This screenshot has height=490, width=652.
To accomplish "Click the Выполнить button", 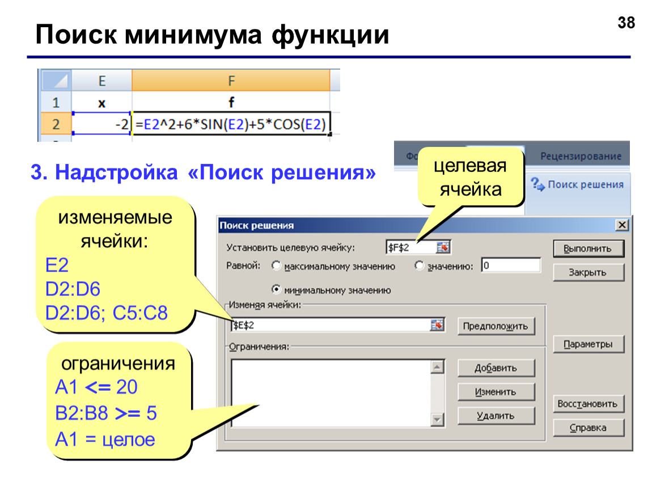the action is click(x=589, y=248).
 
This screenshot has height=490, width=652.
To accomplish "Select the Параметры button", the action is click(x=589, y=344).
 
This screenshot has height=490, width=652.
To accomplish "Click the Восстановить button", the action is click(x=589, y=403).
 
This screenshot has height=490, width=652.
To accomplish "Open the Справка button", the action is click(x=589, y=428).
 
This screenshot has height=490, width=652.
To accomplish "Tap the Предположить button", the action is click(x=496, y=326).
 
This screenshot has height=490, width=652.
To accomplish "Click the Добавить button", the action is click(x=496, y=367).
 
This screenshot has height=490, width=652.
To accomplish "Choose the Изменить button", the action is click(x=496, y=392).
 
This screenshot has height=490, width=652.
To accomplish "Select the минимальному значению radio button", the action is click(x=276, y=289).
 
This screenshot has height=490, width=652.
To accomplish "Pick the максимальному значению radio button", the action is click(x=276, y=265).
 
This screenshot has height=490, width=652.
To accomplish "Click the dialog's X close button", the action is click(x=622, y=225).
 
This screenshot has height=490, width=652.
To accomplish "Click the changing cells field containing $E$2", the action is click(x=337, y=325).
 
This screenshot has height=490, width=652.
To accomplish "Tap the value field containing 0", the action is click(x=511, y=265).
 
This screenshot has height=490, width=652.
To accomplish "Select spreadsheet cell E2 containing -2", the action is click(x=101, y=124).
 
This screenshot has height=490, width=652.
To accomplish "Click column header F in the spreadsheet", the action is click(x=231, y=81).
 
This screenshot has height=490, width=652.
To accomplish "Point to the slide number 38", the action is click(x=626, y=23).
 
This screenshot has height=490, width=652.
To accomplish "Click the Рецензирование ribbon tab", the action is click(x=581, y=156).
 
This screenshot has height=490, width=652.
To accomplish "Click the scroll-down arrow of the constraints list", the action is click(x=437, y=419).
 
